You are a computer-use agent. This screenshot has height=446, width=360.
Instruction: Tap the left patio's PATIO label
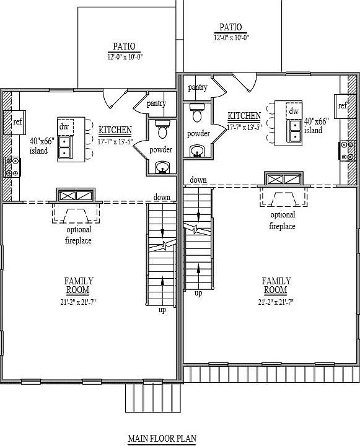(124, 46)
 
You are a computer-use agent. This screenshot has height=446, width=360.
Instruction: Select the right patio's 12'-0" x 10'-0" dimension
(230, 37)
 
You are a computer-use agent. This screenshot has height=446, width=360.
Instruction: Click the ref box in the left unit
(17, 121)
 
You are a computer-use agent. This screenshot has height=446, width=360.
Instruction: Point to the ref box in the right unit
(343, 106)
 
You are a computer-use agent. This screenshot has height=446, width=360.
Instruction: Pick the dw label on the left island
(64, 126)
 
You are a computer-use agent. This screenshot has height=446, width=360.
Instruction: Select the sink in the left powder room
(162, 166)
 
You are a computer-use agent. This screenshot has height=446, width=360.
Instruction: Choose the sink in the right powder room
(198, 150)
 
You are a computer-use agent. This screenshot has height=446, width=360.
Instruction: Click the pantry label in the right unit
(198, 87)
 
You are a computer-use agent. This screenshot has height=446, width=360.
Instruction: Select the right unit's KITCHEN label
(244, 116)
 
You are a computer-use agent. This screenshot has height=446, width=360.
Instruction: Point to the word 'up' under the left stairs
(162, 310)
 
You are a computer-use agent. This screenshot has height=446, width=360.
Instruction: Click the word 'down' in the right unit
(198, 180)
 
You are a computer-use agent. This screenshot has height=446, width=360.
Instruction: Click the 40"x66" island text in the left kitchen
(42, 145)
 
